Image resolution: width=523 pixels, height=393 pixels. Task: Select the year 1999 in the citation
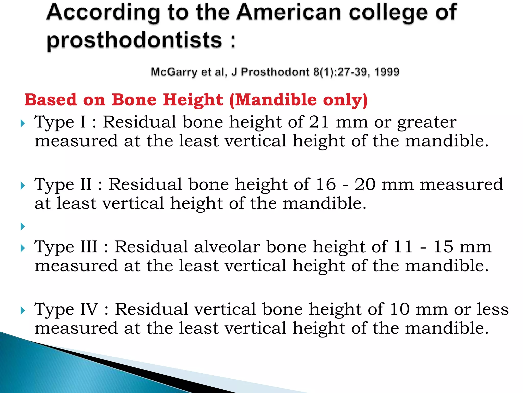tap(386, 72)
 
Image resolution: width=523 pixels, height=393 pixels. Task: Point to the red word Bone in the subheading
tap(134, 100)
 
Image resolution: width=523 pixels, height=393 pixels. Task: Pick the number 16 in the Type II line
tap(326, 184)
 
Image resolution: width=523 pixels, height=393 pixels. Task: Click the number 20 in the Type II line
tap(365, 184)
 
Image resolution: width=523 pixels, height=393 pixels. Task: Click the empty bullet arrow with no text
tap(23, 226)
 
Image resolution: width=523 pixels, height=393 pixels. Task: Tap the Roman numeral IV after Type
tap(89, 309)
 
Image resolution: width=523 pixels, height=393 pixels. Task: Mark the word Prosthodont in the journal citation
tap(275, 72)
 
